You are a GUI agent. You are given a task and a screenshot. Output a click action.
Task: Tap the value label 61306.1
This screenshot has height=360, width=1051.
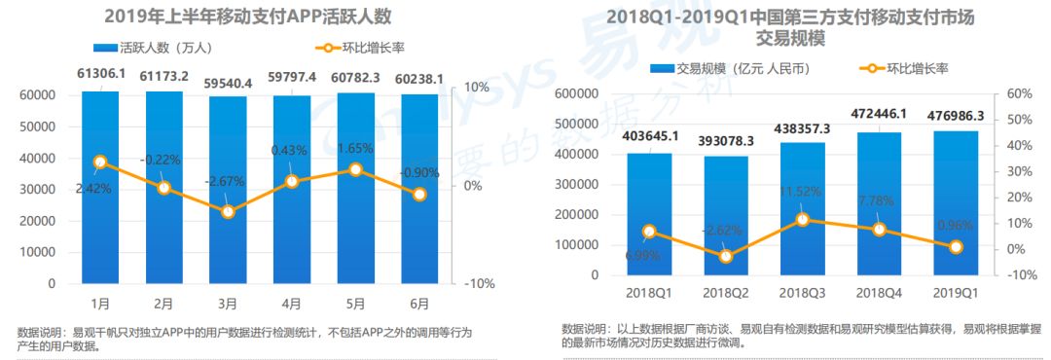point(100,74)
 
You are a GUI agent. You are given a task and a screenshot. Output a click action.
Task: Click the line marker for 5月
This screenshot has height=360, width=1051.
point(355,169)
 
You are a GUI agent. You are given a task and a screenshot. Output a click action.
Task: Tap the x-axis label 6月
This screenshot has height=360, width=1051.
point(419,303)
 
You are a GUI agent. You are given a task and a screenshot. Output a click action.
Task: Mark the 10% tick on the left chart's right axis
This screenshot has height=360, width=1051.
point(476,88)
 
